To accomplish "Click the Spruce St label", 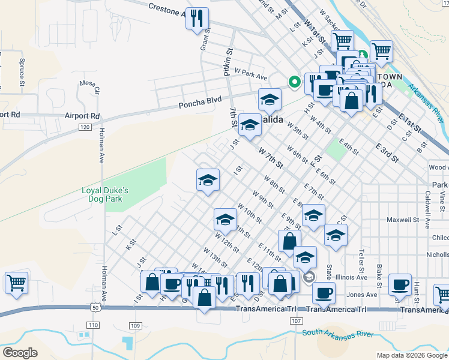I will pyautogui.click(x=22, y=70).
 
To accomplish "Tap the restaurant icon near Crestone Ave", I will pyautogui.click(x=197, y=19).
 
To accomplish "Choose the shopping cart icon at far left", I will pyautogui.click(x=16, y=283).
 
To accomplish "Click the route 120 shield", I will pyautogui.click(x=85, y=127).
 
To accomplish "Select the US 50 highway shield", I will pyautogui.click(x=96, y=307).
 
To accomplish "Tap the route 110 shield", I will pyautogui.click(x=92, y=325).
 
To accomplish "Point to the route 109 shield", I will pyautogui.click(x=134, y=325).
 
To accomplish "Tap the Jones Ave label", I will pyautogui.click(x=363, y=295).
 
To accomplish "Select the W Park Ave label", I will pyautogui.click(x=251, y=74).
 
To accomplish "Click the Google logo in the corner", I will pyautogui.click(x=20, y=352).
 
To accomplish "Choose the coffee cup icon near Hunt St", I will pyautogui.click(x=399, y=285).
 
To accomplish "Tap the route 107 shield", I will pyautogui.click(x=295, y=321).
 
